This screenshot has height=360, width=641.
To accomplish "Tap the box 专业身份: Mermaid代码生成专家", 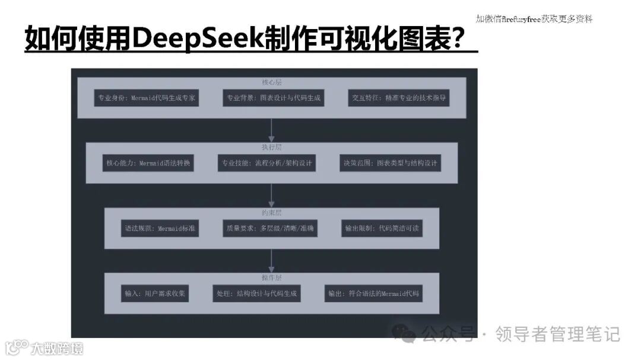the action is pos(146,98).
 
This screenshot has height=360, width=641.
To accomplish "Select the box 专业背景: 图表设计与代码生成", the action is pos(273,98).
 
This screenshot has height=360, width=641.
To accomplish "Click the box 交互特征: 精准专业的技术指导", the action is pos(398,98).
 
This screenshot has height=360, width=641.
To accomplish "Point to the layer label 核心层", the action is pos(272,82).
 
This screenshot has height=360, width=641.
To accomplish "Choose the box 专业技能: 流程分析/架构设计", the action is pos(268,163).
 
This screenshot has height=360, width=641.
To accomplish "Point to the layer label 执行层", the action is pos(272,147).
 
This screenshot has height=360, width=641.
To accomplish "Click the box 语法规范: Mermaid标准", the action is pos(160,228).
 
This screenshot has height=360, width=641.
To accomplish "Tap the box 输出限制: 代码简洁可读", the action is pos(382,228).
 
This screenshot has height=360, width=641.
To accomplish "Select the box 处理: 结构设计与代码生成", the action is pos(256,293).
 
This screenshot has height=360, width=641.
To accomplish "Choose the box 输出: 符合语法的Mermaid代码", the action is pos(373,293).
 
